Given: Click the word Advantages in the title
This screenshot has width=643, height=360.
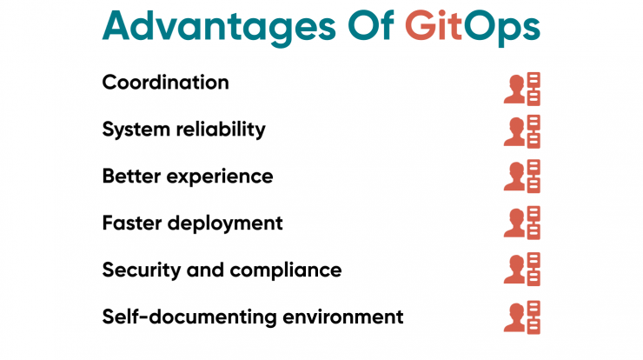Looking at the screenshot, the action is [219, 28].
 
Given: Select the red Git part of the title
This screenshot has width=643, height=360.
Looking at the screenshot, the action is [434, 26].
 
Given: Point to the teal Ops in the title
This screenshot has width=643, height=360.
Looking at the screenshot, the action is [502, 28].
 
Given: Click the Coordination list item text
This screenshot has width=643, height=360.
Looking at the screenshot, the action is [165, 82].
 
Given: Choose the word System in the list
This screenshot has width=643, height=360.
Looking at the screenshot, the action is [136, 130].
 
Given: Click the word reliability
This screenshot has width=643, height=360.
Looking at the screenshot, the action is [221, 130].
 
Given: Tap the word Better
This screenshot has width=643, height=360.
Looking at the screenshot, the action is [131, 177].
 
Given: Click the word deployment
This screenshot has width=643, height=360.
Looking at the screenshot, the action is [225, 224].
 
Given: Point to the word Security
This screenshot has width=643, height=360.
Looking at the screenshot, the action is [142, 271].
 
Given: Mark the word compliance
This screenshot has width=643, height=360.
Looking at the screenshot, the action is [286, 271].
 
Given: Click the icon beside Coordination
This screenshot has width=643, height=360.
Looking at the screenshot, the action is [522, 89].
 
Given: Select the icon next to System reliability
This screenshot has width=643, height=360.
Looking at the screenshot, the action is [522, 131].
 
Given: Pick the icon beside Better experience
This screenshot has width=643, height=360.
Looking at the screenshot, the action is [522, 177].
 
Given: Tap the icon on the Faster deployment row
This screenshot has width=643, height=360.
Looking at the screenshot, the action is [522, 223].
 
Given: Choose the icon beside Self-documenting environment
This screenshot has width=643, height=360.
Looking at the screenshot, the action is [522, 317].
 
